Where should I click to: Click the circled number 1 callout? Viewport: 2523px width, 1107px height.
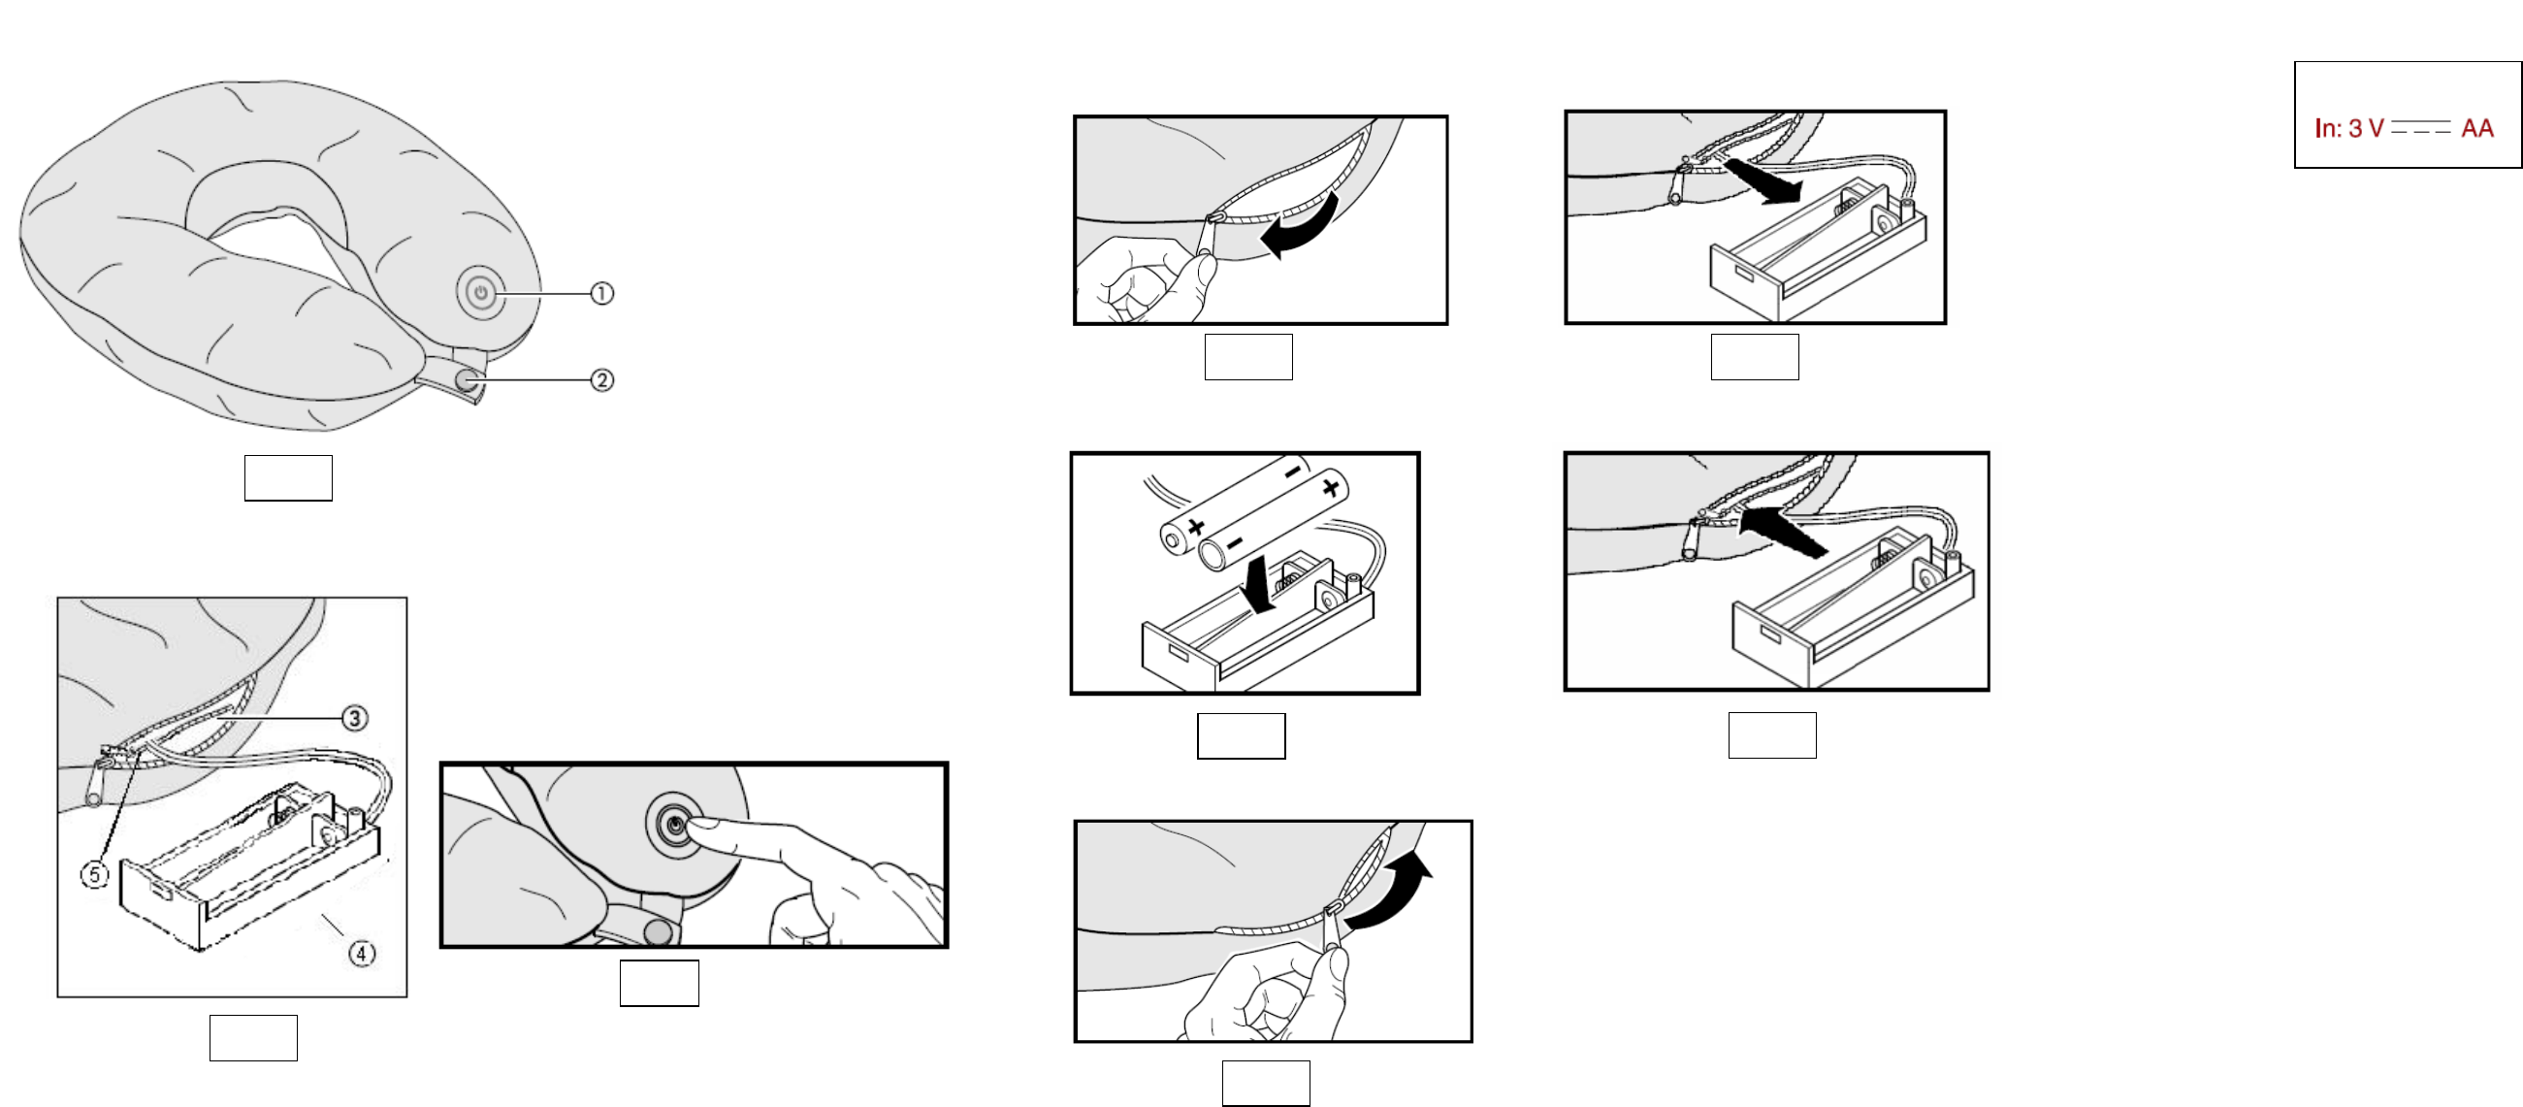point(601,293)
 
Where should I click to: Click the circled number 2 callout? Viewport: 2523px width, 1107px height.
point(601,380)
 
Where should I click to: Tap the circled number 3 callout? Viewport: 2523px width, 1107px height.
point(355,718)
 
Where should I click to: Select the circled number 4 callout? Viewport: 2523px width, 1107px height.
point(363,952)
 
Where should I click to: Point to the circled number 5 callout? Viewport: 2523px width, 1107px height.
point(94,874)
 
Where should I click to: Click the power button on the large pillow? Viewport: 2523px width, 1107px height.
point(481,292)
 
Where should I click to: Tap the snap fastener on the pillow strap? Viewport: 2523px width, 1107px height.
point(469,378)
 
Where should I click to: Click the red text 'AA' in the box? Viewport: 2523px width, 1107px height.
point(2477,128)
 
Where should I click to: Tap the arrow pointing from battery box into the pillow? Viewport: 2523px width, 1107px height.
point(1783,530)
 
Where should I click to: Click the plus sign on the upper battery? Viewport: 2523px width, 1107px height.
point(1330,486)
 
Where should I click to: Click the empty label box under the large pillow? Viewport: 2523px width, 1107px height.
point(288,478)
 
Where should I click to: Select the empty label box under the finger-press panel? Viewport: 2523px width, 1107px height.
point(660,983)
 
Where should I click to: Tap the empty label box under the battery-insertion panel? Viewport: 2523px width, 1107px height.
point(1241,735)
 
